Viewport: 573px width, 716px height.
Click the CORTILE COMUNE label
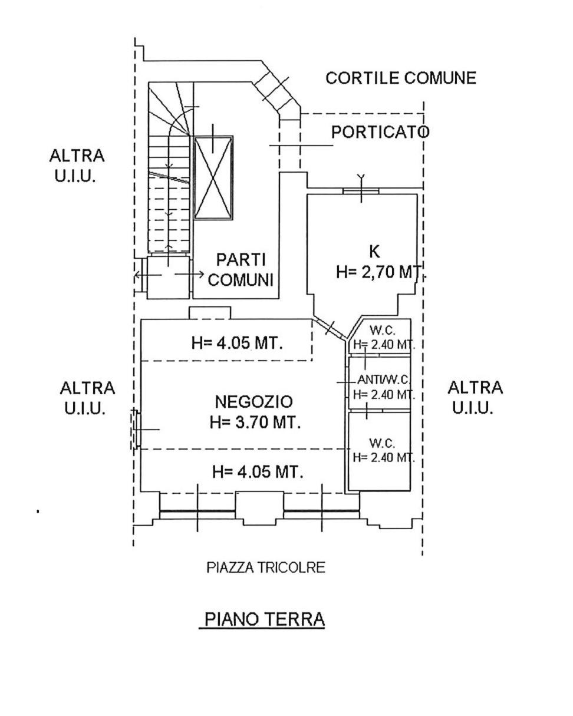400,78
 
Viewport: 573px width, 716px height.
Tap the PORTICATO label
380,132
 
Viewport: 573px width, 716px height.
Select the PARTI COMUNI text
241,270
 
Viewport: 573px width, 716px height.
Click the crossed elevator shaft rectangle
213,177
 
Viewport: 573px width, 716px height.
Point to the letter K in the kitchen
374,252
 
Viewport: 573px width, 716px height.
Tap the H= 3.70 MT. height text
255,422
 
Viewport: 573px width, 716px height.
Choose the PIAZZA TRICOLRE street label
266,567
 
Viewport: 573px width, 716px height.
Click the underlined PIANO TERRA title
265,619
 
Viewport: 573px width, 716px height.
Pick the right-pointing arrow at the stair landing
190,275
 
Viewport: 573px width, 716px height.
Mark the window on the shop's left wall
136,430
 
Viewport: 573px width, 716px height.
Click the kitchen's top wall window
361,192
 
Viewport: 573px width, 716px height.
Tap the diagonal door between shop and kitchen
330,329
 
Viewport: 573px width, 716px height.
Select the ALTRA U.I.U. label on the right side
475,398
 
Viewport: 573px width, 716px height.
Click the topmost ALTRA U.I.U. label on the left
77,166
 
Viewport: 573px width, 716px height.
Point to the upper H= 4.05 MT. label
237,343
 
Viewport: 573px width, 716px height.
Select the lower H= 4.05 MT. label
258,472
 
